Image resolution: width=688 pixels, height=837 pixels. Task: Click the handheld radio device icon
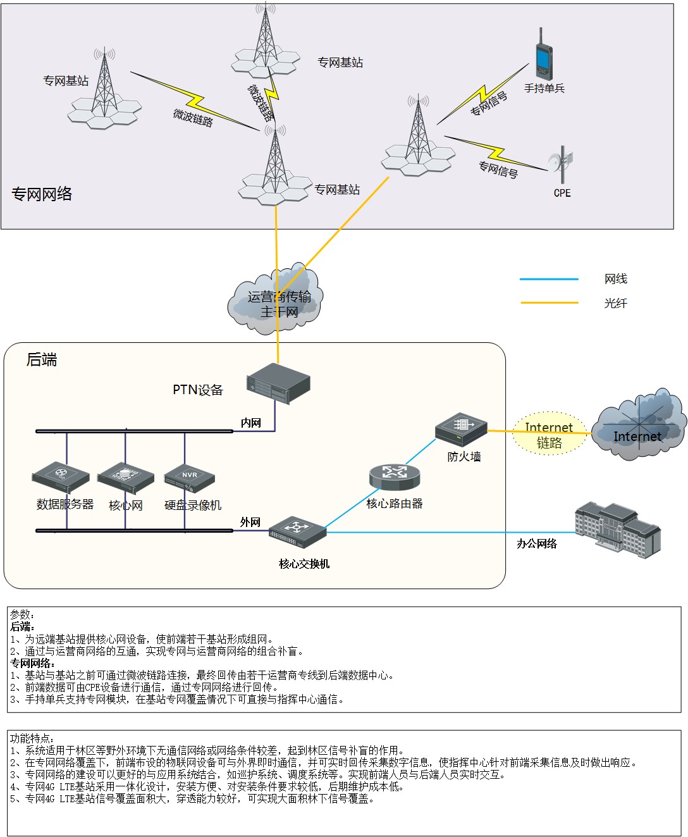(x=543, y=54)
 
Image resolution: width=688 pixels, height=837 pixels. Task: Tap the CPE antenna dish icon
(x=560, y=163)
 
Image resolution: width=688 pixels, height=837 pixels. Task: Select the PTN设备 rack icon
(x=278, y=383)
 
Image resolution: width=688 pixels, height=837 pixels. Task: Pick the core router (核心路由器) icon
(x=395, y=476)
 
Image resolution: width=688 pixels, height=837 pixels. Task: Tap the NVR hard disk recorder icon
(x=190, y=478)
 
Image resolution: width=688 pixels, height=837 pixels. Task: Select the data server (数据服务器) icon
(x=61, y=477)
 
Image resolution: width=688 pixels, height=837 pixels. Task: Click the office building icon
(x=617, y=530)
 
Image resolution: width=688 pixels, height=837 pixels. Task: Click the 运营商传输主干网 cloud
(x=276, y=301)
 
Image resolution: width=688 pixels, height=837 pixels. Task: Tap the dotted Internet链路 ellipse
(x=549, y=435)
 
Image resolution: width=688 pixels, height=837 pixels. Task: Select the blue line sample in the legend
(x=549, y=279)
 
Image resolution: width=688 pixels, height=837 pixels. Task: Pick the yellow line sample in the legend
(x=549, y=303)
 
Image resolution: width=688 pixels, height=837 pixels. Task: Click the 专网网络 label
(x=42, y=194)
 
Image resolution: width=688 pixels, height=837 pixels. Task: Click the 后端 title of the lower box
(x=42, y=360)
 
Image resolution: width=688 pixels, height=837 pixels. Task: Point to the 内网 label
(x=251, y=423)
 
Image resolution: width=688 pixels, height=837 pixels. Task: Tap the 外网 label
(x=250, y=522)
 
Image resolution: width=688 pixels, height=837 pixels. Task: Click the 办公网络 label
(x=537, y=543)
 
